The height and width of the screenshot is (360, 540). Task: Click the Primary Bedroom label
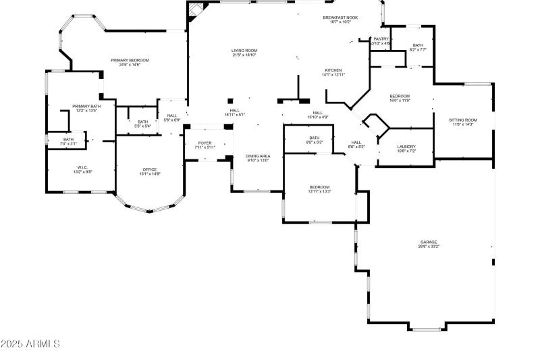pyautogui.click(x=130, y=60)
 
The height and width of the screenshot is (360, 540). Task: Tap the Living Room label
pyautogui.click(x=244, y=51)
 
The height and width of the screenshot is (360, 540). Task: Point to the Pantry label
pyautogui.click(x=381, y=39)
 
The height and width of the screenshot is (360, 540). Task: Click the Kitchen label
pyautogui.click(x=333, y=70)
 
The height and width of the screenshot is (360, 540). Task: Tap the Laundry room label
pyautogui.click(x=406, y=147)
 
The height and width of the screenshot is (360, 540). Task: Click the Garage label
pyautogui.click(x=429, y=242)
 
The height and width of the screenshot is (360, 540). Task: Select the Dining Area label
pyautogui.click(x=256, y=156)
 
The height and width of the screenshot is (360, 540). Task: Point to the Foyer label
pyautogui.click(x=205, y=143)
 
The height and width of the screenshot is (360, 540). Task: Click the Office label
pyautogui.click(x=149, y=170)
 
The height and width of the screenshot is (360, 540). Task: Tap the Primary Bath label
pyautogui.click(x=86, y=106)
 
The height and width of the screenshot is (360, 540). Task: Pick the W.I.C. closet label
pyautogui.click(x=82, y=168)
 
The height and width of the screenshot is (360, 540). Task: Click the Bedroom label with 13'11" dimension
pyautogui.click(x=319, y=187)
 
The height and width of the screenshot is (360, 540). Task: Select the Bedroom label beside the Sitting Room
pyautogui.click(x=400, y=97)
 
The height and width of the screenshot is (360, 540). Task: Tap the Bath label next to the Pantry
pyautogui.click(x=417, y=46)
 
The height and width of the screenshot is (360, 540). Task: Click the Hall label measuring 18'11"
pyautogui.click(x=234, y=111)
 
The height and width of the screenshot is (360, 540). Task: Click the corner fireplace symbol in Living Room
pyautogui.click(x=196, y=9)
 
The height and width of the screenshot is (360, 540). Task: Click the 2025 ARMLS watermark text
pyautogui.click(x=30, y=344)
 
